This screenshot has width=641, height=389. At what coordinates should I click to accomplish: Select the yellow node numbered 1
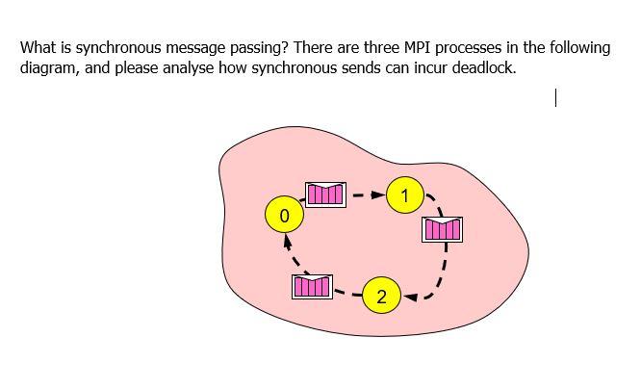405,196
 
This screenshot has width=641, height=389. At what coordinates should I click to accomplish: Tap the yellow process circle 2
382,297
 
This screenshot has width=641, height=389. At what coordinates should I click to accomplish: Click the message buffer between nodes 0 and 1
324,194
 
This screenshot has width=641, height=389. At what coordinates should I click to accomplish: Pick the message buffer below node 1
442,228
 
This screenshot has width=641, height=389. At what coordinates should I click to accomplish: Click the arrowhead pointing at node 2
407,297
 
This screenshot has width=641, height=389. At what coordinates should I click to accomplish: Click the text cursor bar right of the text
556,97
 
